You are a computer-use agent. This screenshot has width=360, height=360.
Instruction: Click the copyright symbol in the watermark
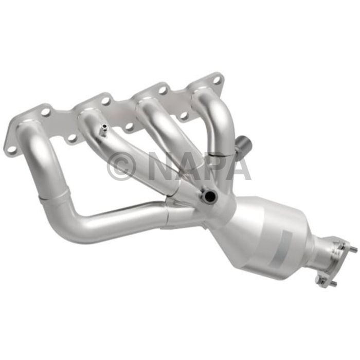click(x=121, y=166)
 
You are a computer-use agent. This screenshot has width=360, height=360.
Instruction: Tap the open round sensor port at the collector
click(x=209, y=195)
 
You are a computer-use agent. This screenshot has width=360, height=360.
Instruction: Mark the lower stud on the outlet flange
click(x=333, y=283)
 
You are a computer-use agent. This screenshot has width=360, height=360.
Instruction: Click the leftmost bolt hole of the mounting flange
click(x=11, y=149)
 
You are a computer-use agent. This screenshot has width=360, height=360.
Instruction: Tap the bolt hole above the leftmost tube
click(x=45, y=111)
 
